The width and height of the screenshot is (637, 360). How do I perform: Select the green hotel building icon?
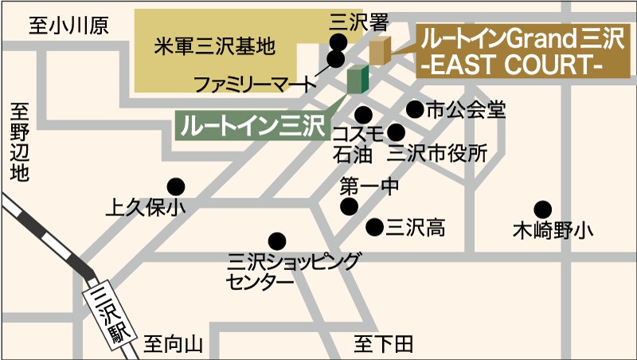358,80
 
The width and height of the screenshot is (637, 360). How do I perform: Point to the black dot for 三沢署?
340,42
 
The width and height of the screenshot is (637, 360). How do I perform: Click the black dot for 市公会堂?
415,109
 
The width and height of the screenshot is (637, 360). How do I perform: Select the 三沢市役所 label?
437,153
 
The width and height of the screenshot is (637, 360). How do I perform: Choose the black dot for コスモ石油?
364,114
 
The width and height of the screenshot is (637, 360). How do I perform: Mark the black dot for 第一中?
349,207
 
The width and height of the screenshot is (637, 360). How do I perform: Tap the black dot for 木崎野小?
543,209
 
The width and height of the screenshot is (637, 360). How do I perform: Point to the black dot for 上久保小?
175,186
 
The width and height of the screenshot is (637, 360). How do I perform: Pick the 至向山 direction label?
174,345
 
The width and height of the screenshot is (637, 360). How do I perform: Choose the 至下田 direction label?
384,344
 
